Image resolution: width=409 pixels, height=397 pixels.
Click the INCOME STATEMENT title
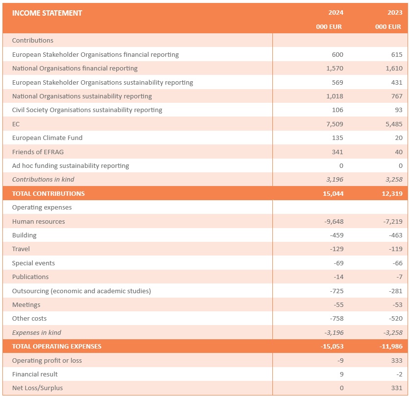tap(47, 13)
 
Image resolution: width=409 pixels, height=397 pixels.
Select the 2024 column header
tap(336, 13)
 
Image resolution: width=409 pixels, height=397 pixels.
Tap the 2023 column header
tap(395, 13)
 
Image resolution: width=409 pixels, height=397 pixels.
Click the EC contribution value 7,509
tap(334, 124)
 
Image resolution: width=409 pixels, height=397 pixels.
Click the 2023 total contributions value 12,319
tap(392, 193)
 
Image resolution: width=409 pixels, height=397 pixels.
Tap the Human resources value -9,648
tap(334, 221)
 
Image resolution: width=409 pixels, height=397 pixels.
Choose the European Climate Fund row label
tap(47, 138)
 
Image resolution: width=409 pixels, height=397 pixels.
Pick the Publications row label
tap(30, 277)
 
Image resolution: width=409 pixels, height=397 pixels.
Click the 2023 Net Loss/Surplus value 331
tap(396, 388)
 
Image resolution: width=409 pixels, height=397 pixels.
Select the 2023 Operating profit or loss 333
tap(396, 360)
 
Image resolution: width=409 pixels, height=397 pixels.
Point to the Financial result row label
tap(35, 374)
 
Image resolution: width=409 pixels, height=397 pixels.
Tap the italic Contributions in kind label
tap(43, 179)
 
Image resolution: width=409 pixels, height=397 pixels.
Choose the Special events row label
tap(33, 263)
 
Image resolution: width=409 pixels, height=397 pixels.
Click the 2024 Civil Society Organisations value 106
tap(337, 110)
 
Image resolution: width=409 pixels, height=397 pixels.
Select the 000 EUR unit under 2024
tap(329, 27)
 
